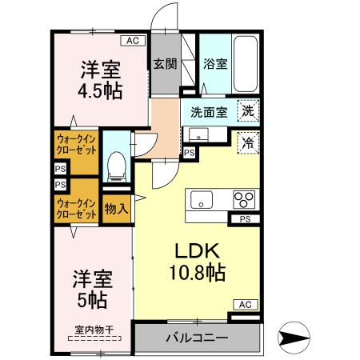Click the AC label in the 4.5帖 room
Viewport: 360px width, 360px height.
pyautogui.click(x=132, y=40)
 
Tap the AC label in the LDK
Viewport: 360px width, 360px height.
pyautogui.click(x=246, y=305)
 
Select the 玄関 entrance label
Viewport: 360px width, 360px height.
pyautogui.click(x=162, y=64)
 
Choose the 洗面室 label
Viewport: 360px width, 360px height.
pyautogui.click(x=207, y=112)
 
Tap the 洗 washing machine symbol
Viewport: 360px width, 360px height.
pyautogui.click(x=250, y=112)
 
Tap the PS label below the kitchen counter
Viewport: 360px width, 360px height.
pyautogui.click(x=245, y=218)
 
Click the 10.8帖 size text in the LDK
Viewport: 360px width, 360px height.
pyautogui.click(x=195, y=271)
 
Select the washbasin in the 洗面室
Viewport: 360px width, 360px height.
pyautogui.click(x=196, y=134)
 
